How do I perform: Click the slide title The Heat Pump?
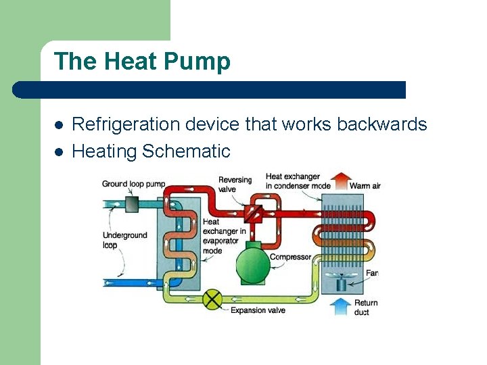pyautogui.click(x=142, y=62)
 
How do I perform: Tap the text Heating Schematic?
pyautogui.click(x=151, y=151)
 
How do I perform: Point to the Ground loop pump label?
pyautogui.click(x=133, y=184)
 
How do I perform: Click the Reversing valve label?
pyautogui.click(x=235, y=185)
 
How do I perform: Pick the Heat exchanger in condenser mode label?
pyautogui.click(x=298, y=181)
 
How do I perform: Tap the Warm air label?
pyautogui.click(x=365, y=185)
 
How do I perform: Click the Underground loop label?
pyautogui.click(x=124, y=240)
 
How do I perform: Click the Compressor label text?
pyautogui.click(x=290, y=257)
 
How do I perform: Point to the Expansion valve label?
pyautogui.click(x=258, y=310)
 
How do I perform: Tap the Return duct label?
pyautogui.click(x=366, y=308)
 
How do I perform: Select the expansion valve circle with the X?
pyautogui.click(x=214, y=299)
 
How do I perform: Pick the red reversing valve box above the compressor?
pyautogui.click(x=254, y=212)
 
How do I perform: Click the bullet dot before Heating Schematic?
pyautogui.click(x=59, y=152)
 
